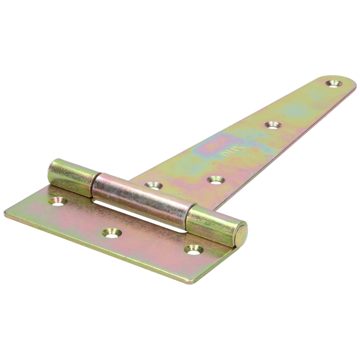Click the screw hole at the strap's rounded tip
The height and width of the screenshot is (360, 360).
pyautogui.click(x=333, y=83)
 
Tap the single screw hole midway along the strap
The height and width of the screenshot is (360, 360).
pyautogui.click(x=271, y=124)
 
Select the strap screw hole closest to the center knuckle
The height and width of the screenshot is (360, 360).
pyautogui.click(x=153, y=185)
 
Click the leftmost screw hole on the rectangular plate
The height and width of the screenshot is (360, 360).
pyautogui.click(x=58, y=201)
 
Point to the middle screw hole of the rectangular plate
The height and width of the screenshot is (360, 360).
pyautogui.click(x=111, y=233)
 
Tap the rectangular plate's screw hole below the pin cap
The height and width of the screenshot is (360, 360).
pyautogui.click(x=194, y=249)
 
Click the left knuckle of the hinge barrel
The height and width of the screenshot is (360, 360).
pyautogui.click(x=72, y=177)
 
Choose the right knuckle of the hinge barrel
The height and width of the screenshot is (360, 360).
pyautogui.click(x=211, y=224)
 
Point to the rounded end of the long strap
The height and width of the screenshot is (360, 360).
pyautogui.click(x=346, y=83)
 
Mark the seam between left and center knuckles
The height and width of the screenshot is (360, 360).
pyautogui.click(x=95, y=185)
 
